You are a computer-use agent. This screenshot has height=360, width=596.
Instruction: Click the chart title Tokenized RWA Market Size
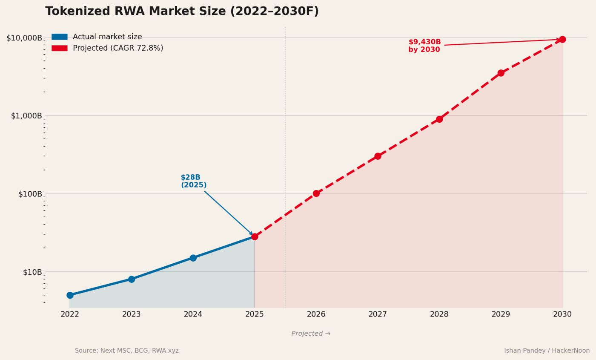(182, 12)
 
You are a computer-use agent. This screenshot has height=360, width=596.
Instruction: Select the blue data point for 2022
(70, 295)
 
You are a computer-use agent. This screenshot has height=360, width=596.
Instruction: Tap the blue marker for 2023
(132, 279)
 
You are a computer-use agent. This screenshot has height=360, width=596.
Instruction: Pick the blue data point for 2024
(193, 258)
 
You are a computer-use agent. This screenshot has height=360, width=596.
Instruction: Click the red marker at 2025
(255, 236)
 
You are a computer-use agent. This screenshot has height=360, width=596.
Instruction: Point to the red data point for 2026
(316, 193)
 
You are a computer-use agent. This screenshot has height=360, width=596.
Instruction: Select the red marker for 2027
(378, 156)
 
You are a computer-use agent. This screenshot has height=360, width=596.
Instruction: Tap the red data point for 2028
(439, 119)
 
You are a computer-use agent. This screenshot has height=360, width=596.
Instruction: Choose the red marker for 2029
(501, 73)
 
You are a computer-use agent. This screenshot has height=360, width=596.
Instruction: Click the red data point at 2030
(562, 40)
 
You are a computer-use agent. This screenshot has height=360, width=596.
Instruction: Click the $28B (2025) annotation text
(193, 181)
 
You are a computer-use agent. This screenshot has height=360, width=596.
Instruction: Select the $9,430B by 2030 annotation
(424, 46)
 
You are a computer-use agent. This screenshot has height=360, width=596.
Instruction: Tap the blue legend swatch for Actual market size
(59, 37)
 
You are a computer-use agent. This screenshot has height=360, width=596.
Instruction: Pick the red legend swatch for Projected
(59, 48)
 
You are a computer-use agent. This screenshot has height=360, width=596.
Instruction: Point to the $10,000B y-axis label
(24, 38)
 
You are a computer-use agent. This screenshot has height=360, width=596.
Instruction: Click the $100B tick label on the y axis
(30, 194)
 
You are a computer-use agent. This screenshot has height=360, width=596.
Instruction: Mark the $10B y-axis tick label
(32, 272)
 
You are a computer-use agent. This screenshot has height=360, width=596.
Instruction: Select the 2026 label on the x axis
(316, 314)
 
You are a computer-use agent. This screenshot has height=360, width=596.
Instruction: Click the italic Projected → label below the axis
(311, 334)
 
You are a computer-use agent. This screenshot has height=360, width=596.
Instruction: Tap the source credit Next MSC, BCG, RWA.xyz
(126, 351)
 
